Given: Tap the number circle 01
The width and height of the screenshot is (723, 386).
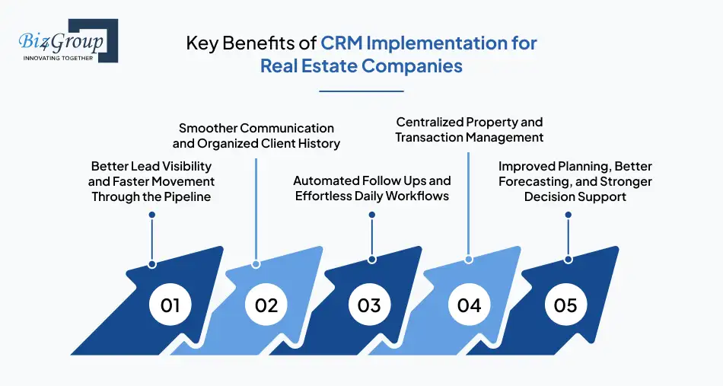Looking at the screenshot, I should [170, 305].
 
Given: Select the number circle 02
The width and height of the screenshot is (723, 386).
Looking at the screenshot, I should [266, 305].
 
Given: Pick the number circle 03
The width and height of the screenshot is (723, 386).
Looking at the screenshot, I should [369, 305].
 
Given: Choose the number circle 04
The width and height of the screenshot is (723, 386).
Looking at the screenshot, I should [470, 305].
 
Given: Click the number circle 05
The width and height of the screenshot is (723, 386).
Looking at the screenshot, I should [565, 305].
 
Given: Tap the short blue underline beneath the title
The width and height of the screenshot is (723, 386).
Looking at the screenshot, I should [361, 91].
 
